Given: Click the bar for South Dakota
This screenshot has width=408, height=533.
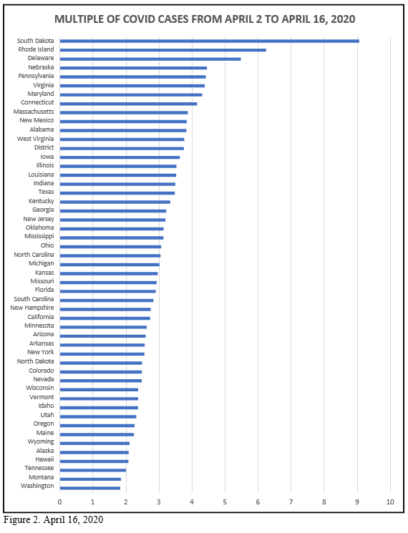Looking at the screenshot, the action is click(210, 41).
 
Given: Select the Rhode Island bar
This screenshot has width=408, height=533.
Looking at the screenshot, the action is click(163, 50).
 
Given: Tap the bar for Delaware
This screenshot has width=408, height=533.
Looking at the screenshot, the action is click(150, 59).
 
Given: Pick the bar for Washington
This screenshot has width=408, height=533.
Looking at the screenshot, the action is click(90, 488).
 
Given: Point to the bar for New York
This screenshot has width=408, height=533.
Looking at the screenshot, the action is click(102, 354).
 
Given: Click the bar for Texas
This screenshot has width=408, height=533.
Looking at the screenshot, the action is click(117, 193).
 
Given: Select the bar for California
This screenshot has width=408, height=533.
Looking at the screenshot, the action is click(105, 318).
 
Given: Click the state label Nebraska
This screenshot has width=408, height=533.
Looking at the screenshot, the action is click(41, 67).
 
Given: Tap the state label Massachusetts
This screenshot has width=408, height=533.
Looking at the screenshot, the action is click(34, 112).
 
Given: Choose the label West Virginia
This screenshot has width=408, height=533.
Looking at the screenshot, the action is click(35, 139).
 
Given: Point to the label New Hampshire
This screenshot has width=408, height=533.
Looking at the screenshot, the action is click(32, 308).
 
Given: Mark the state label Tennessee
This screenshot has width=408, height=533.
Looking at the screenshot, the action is click(39, 468).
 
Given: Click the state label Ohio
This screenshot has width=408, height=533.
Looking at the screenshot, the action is click(47, 245).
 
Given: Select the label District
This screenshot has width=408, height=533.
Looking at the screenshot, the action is click(44, 147).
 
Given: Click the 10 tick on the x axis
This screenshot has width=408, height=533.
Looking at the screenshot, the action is click(390, 502).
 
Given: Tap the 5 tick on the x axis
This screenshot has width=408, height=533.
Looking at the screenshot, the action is click(225, 502).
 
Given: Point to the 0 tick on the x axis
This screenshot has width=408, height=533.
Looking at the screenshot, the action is click(60, 502).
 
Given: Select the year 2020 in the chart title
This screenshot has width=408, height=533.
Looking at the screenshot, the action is click(343, 19).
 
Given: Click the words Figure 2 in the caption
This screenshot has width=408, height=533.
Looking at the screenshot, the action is click(21, 519).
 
